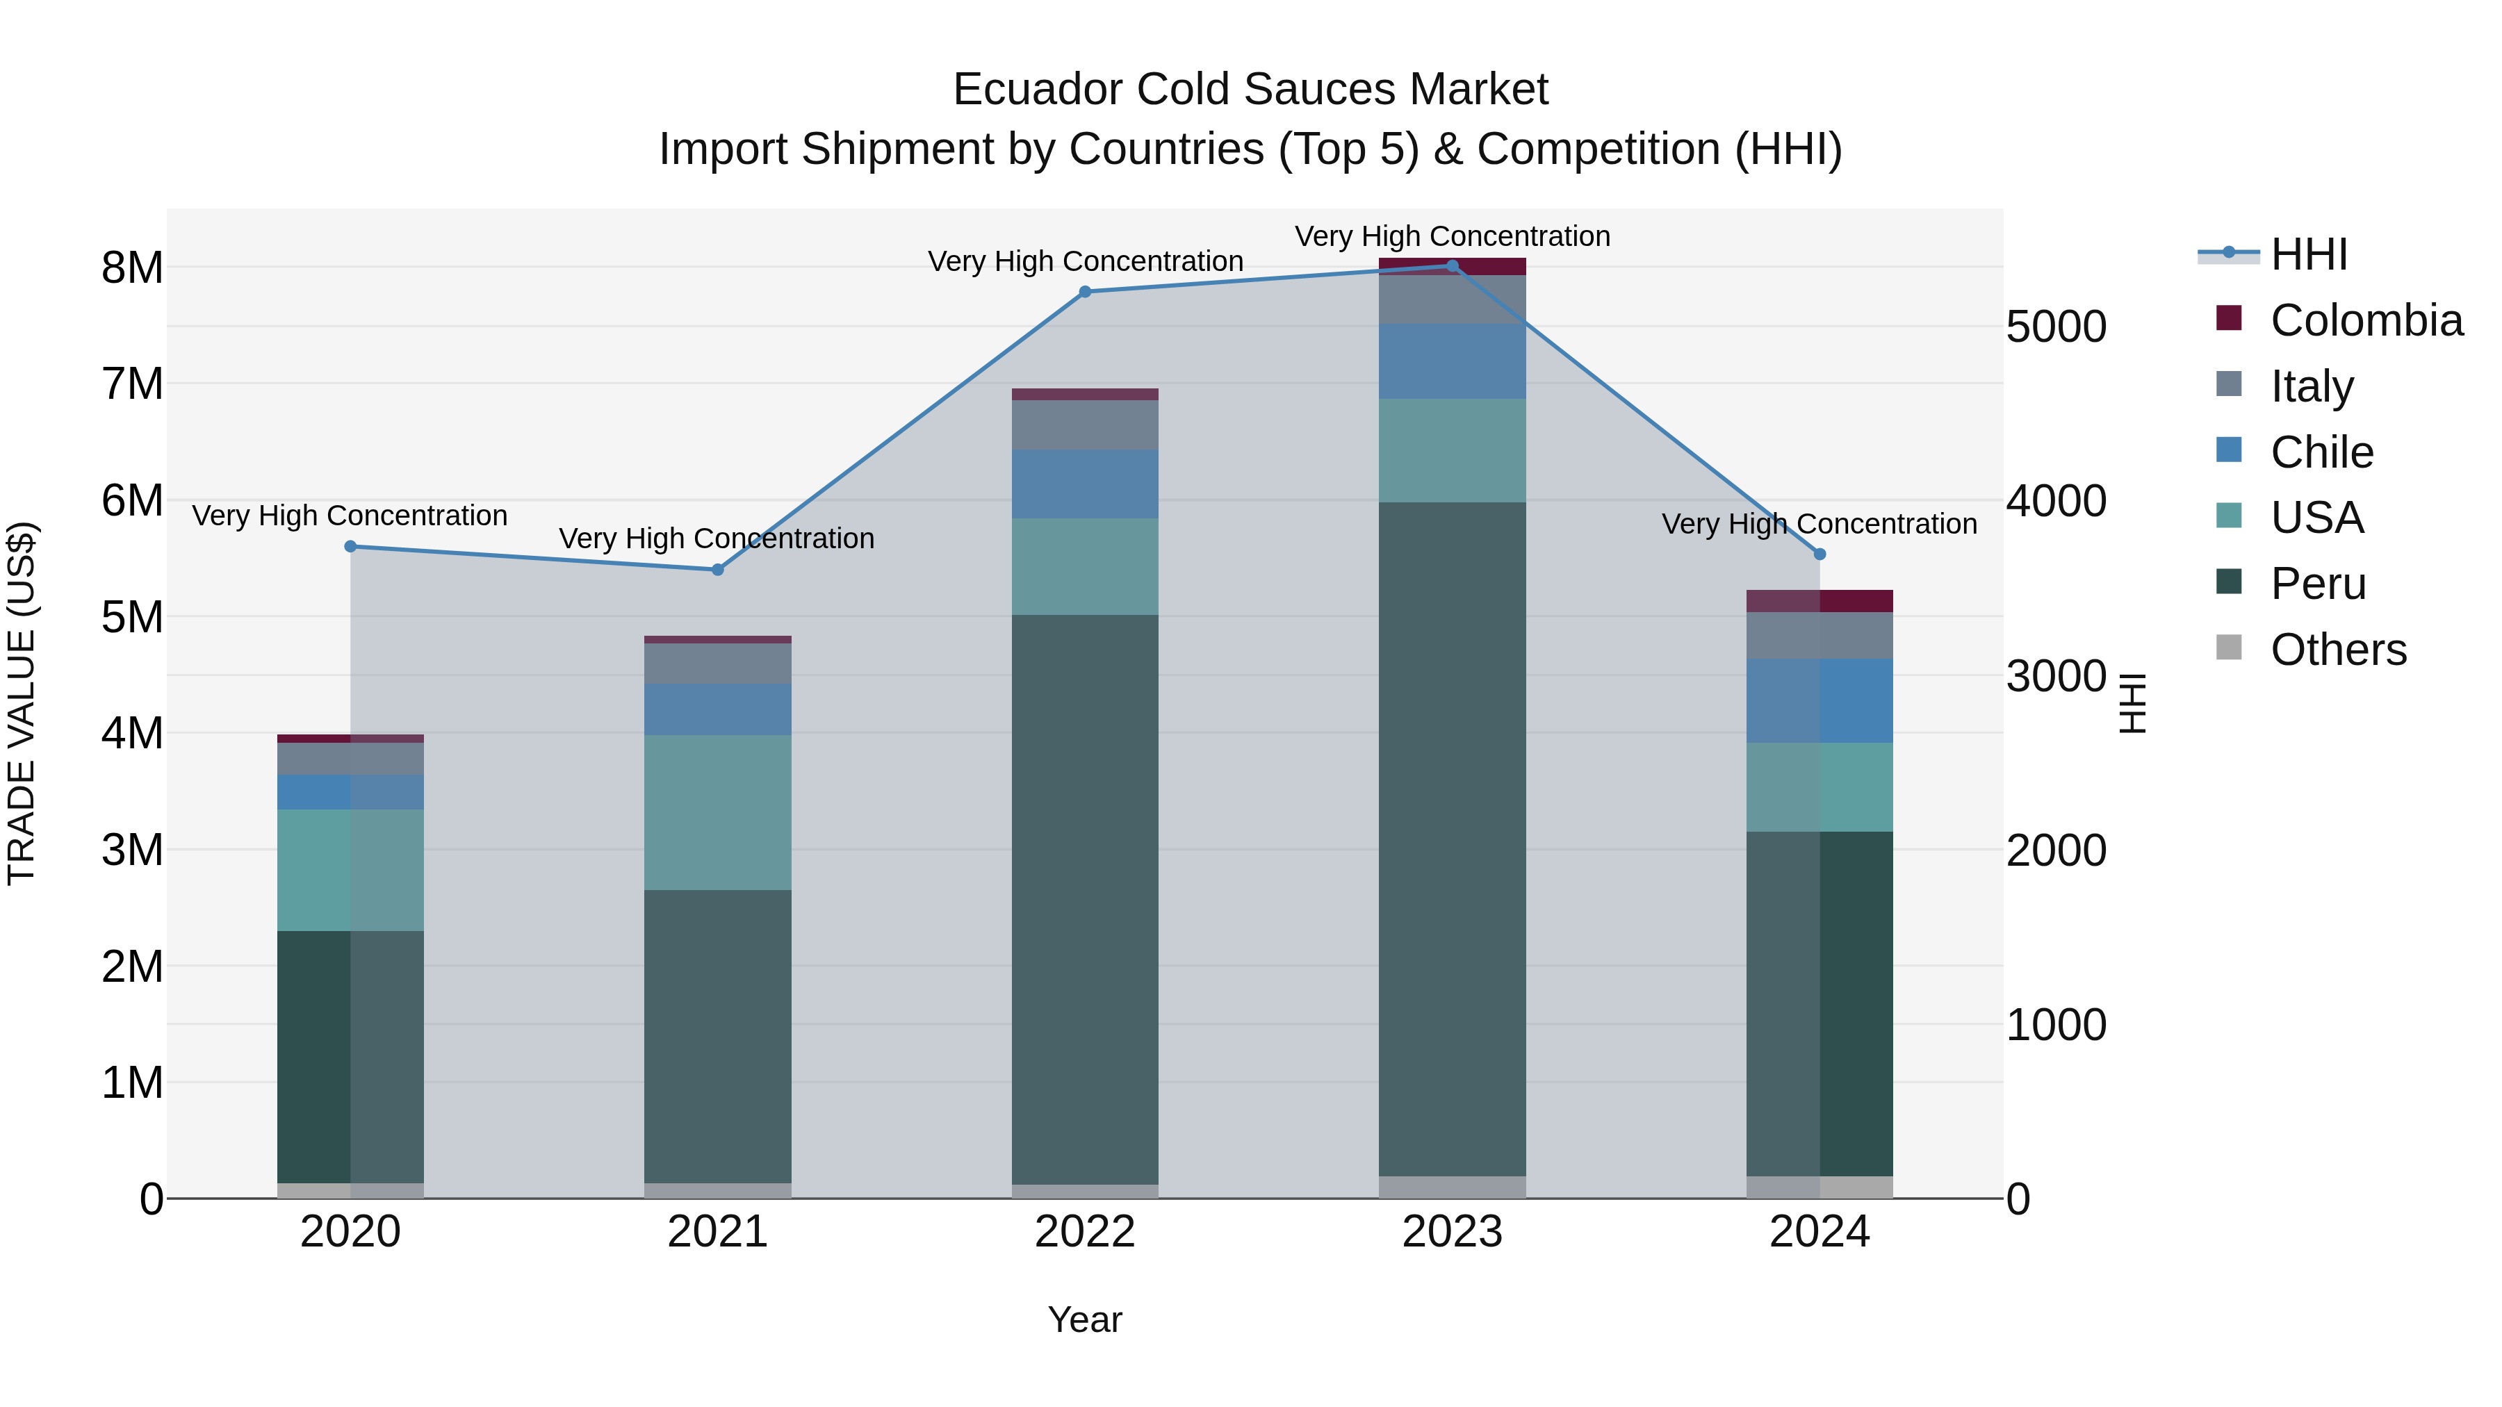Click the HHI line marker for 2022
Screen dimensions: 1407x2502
1085,291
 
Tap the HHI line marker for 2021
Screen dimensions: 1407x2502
718,570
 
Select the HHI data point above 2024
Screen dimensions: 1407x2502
1820,554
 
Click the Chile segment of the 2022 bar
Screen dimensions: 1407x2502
1085,484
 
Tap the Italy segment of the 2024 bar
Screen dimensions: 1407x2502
1820,635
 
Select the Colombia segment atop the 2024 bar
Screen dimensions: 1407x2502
1820,601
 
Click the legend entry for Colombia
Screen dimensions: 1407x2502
2365,320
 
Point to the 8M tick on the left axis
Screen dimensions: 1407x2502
132,267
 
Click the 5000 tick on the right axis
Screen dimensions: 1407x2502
2057,327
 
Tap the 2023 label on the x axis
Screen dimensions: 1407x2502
1452,1232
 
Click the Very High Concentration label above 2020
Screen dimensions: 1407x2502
350,516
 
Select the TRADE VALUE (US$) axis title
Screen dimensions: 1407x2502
22,703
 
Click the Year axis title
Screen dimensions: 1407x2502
1085,1319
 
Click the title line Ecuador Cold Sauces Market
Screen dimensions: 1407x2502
1250,90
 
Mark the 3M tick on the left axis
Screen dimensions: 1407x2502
132,850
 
